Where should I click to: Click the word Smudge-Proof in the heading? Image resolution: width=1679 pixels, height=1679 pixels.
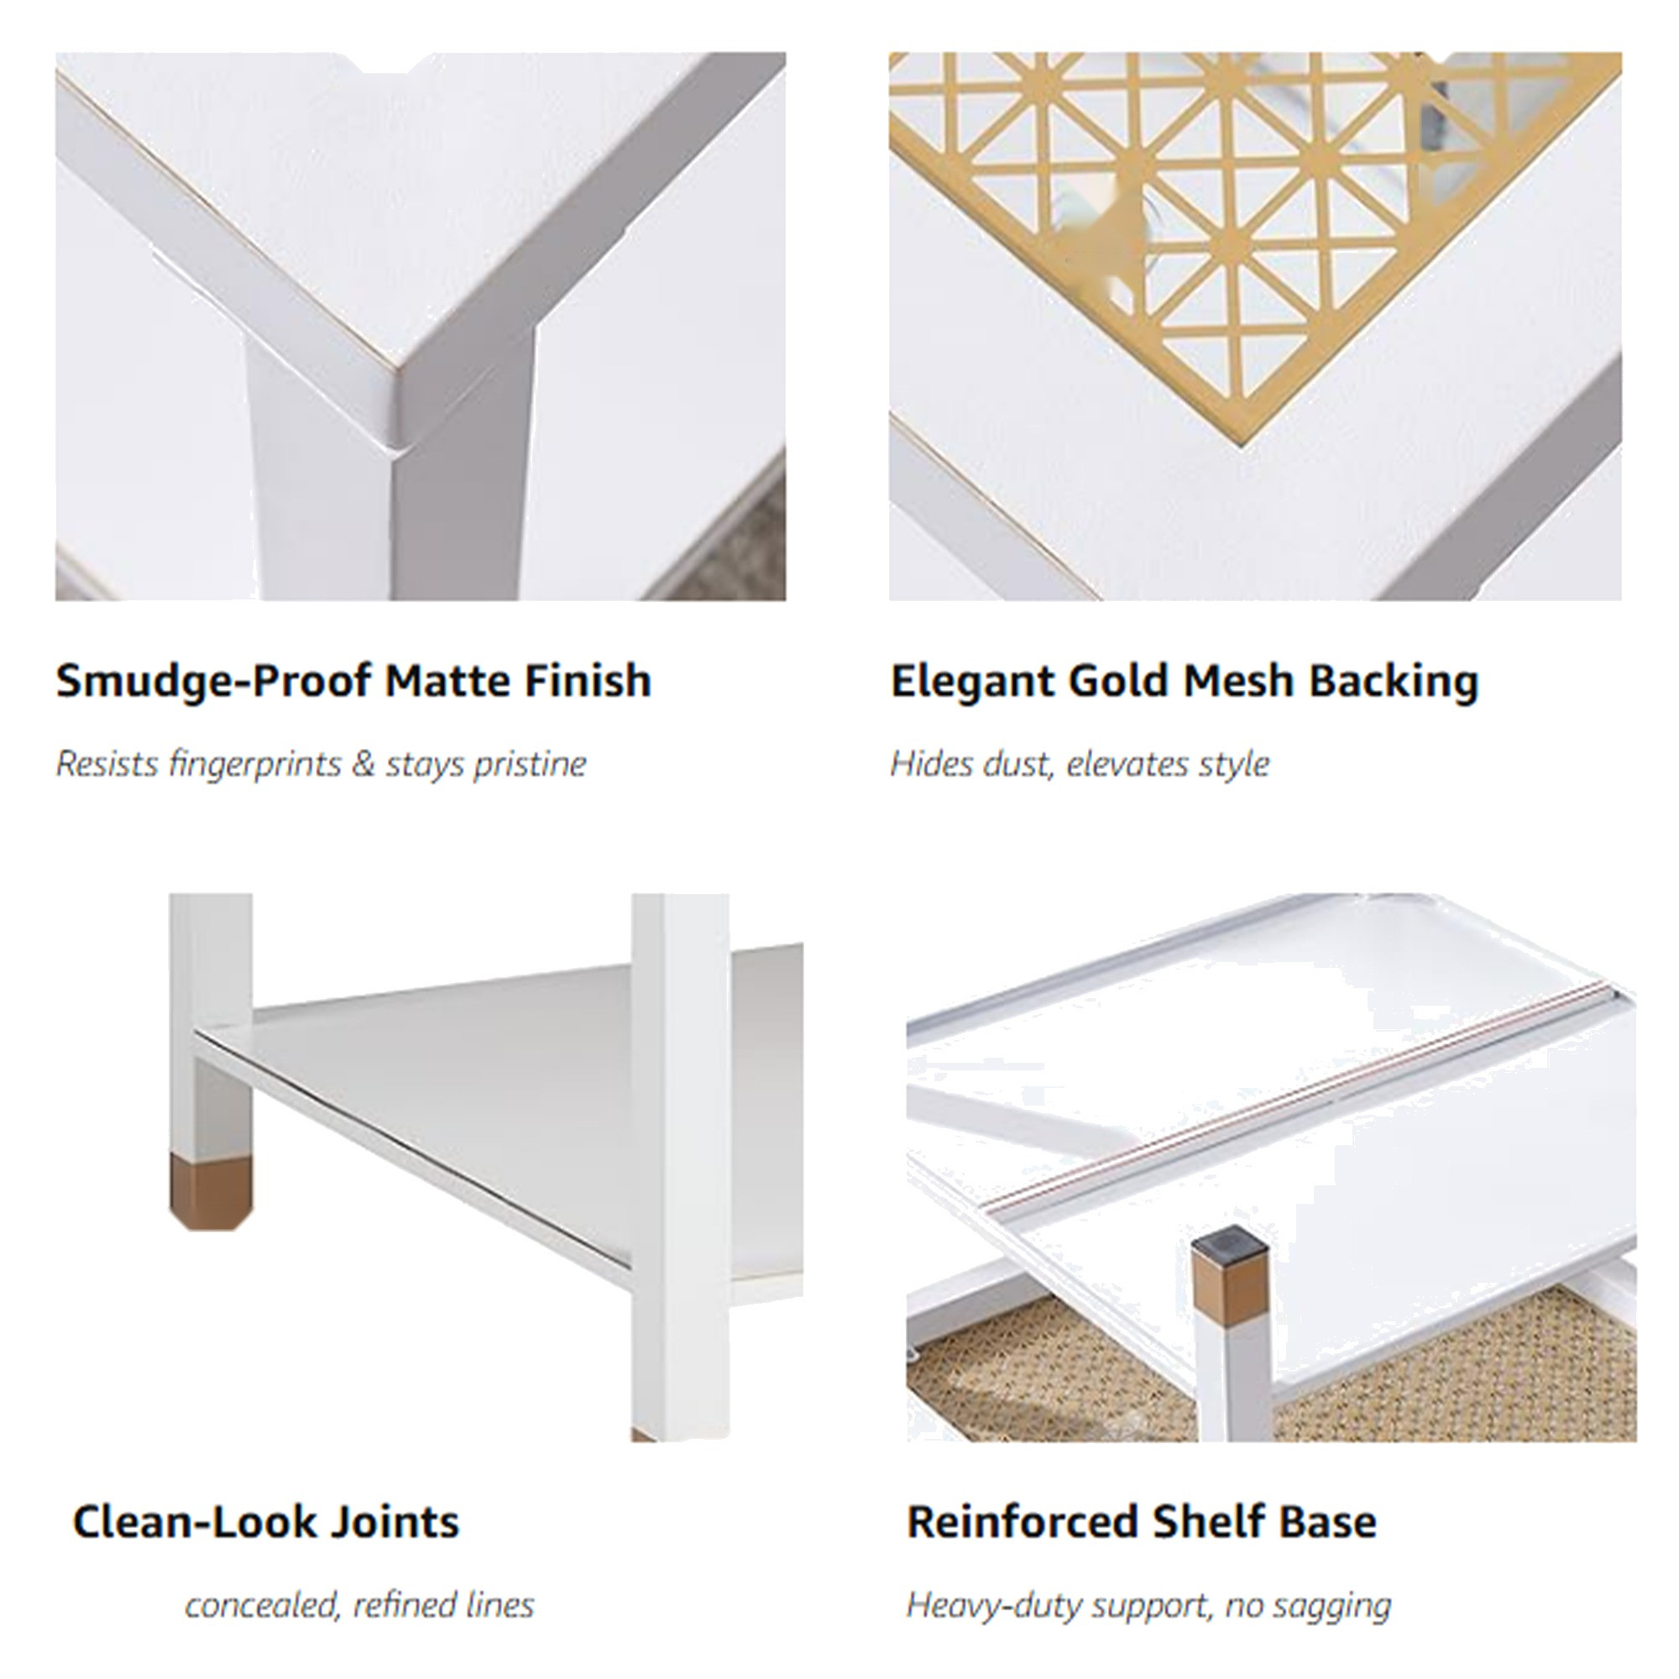(214, 681)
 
